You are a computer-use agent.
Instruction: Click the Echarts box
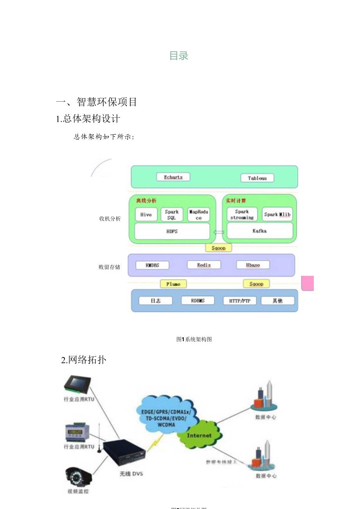click(173, 177)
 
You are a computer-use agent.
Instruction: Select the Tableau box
click(257, 178)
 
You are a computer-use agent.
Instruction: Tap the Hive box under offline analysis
click(146, 214)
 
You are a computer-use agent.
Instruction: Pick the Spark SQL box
click(171, 214)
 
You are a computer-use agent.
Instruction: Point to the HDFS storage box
click(172, 231)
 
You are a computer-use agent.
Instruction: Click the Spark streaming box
click(242, 214)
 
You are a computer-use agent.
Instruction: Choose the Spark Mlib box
click(277, 214)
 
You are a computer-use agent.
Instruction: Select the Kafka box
click(259, 231)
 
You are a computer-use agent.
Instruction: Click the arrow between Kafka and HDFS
click(218, 232)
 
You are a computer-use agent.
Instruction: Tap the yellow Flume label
click(173, 284)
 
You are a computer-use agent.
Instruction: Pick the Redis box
click(204, 265)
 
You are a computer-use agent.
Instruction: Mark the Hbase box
click(253, 265)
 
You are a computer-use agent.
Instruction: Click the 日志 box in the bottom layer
click(156, 300)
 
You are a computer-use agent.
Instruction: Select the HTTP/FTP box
click(237, 301)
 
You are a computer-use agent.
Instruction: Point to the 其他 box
click(277, 300)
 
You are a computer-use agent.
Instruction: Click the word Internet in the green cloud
click(199, 435)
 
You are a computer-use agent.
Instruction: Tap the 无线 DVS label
click(131, 474)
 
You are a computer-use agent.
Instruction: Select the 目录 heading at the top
click(179, 56)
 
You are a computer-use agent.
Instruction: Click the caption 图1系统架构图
click(194, 339)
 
